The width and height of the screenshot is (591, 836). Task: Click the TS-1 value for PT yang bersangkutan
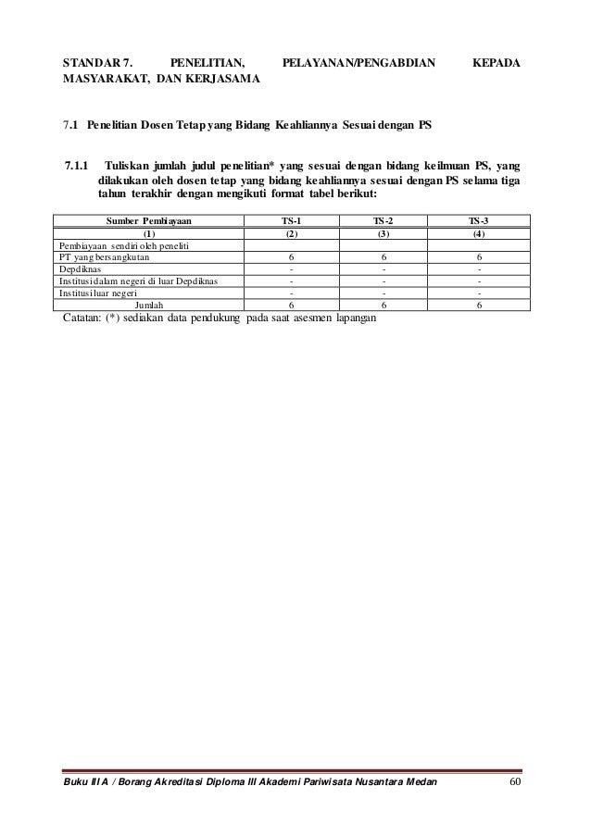(292, 256)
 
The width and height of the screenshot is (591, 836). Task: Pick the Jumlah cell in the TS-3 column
(479, 305)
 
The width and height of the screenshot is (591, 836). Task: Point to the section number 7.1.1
(76, 167)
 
